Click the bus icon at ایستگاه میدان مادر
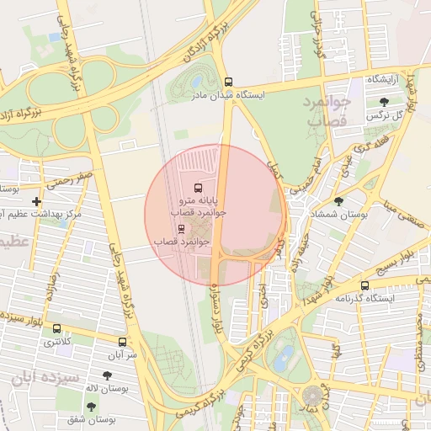pos(229,82)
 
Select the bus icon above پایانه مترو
pos(198,187)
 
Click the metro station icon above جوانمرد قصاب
pos(180,228)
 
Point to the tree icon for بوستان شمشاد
pos(338,201)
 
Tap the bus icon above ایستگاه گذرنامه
pos(364,286)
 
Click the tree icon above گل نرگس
pos(384,102)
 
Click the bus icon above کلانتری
pos(56,329)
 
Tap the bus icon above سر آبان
pos(123,342)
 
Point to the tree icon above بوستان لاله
pos(107,375)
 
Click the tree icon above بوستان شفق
pos(90,407)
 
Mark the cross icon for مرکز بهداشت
pos(35,201)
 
